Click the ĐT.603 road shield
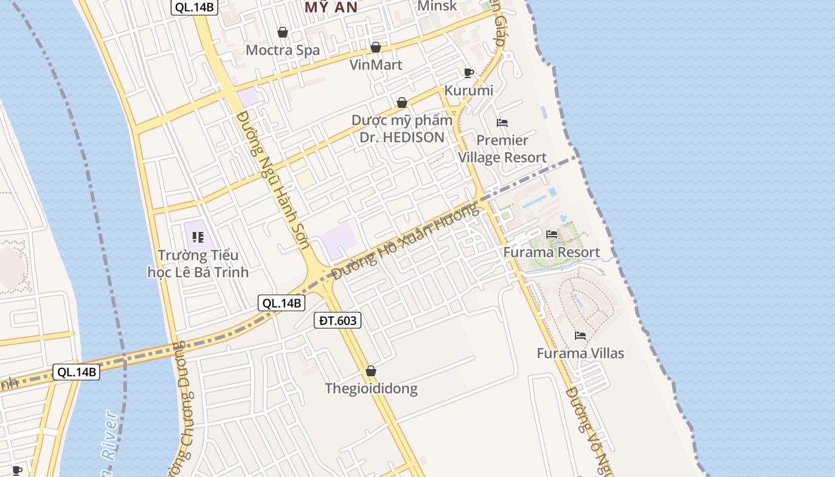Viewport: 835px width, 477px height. click(x=338, y=321)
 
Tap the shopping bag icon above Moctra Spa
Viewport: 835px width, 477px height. click(x=283, y=32)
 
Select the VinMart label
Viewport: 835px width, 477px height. click(x=376, y=64)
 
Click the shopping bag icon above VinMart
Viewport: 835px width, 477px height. click(x=376, y=47)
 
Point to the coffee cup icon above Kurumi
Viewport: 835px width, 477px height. click(x=469, y=73)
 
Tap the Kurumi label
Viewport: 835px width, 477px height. click(x=469, y=91)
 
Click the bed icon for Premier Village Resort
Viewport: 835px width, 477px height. click(x=502, y=123)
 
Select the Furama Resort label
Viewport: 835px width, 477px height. click(x=552, y=252)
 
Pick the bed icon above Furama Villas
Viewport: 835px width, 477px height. click(x=580, y=335)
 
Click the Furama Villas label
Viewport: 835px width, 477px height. click(x=580, y=353)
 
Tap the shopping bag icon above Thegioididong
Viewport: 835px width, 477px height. click(x=371, y=371)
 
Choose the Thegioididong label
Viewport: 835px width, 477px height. click(x=371, y=389)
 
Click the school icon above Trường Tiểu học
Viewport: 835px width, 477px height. click(x=198, y=237)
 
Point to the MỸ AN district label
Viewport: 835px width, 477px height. click(x=331, y=7)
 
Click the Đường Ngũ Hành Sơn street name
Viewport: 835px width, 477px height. click(x=269, y=179)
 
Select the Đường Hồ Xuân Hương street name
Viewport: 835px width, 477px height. click(x=406, y=241)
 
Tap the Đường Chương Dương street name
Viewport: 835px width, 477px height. click(x=183, y=405)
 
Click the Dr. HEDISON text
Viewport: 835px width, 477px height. click(x=401, y=137)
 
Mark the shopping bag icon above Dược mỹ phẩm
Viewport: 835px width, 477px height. click(x=402, y=103)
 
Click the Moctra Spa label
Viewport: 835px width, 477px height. click(x=283, y=50)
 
